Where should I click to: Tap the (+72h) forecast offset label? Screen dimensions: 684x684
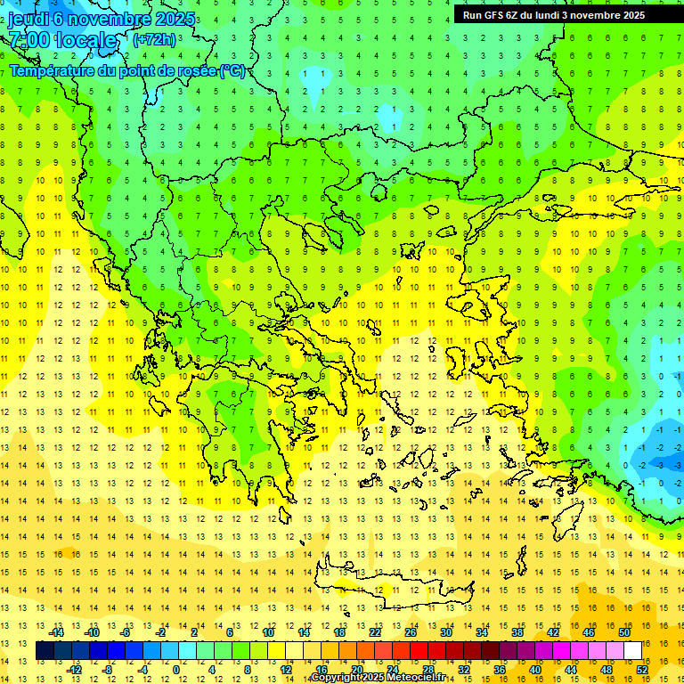coord(154,39)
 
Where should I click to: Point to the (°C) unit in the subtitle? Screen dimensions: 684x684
coord(232,70)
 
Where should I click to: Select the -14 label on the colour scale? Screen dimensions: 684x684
coord(59,632)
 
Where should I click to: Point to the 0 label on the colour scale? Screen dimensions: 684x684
coord(175,670)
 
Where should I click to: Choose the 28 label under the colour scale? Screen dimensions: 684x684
coord(427,670)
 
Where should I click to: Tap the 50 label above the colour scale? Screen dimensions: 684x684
coord(623,632)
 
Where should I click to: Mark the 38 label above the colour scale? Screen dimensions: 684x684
coord(517,632)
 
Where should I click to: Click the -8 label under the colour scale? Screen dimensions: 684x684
coord(108,670)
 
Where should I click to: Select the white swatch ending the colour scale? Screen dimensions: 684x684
coord(632,651)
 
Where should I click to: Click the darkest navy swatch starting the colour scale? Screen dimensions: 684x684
coord(45,651)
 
